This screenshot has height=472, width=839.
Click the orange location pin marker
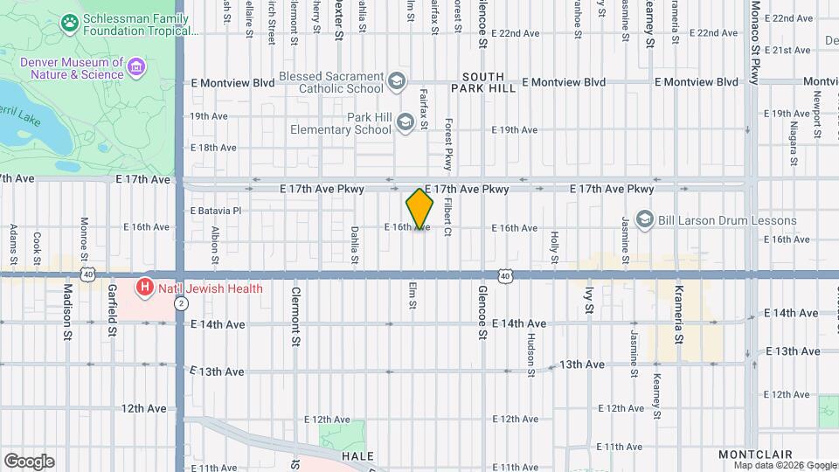pos(419,209)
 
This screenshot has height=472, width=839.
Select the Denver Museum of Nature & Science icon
pos(135,67)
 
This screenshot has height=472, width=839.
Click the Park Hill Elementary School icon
pos(405,123)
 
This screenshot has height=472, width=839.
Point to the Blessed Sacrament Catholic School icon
pos(397,82)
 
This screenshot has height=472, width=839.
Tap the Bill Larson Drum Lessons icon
pos(645,218)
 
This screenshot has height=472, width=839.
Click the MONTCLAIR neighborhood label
pos(755,455)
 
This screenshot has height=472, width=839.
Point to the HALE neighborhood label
pos(357,456)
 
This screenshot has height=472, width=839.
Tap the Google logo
pos(29,461)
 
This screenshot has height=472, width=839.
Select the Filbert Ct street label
pos(447,217)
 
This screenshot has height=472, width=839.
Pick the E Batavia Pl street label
pos(215,211)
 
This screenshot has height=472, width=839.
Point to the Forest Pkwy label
pos(447,144)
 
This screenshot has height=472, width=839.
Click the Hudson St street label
pos(530,354)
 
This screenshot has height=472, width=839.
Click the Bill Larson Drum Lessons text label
pos(713,217)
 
